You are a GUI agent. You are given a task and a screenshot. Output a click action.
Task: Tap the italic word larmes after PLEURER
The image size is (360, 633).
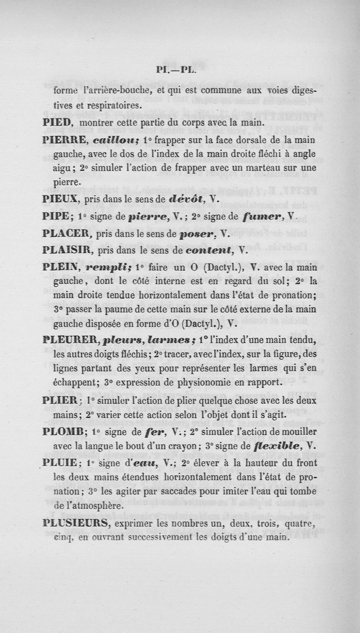click(179, 340)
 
